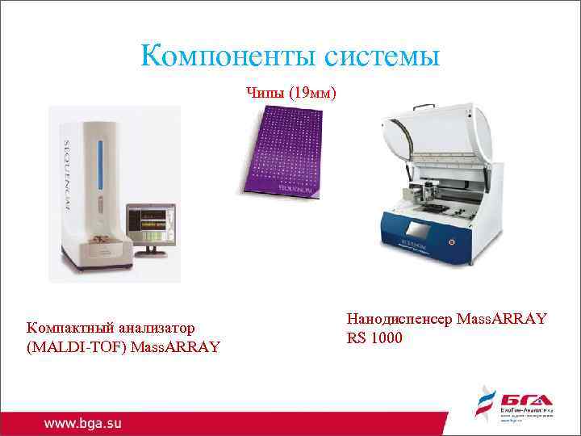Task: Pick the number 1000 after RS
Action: point(387,337)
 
